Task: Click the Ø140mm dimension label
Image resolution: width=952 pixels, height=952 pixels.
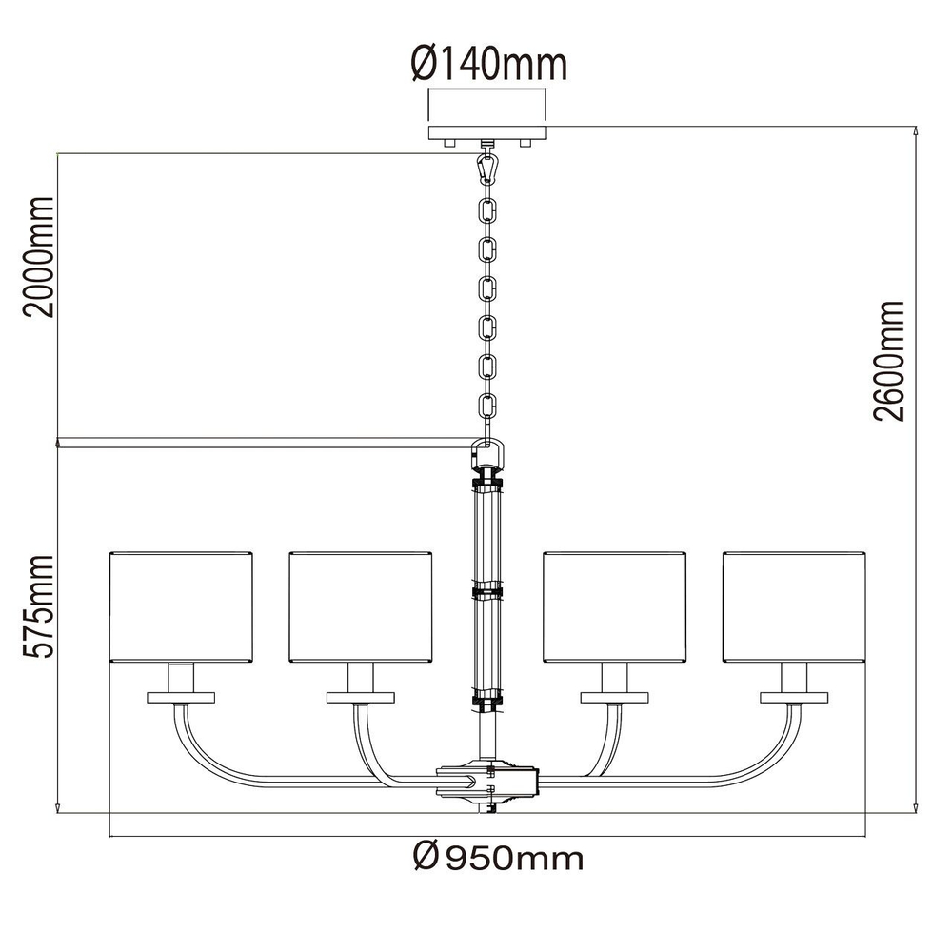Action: click(x=489, y=64)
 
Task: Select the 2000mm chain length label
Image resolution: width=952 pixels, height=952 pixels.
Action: click(x=39, y=256)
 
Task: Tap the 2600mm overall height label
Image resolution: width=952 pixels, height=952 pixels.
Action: click(x=889, y=361)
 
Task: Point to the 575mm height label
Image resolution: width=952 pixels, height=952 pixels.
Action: click(x=39, y=606)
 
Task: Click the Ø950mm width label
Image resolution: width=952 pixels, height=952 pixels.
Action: click(x=498, y=858)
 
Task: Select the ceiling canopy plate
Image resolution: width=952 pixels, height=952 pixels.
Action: click(x=487, y=133)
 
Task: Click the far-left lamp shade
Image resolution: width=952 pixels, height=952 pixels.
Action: click(x=181, y=606)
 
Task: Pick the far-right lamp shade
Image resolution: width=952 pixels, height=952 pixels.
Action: click(x=794, y=606)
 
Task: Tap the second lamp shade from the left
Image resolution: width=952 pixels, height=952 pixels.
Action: click(x=361, y=606)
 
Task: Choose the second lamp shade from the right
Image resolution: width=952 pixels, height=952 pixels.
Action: click(x=614, y=606)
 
